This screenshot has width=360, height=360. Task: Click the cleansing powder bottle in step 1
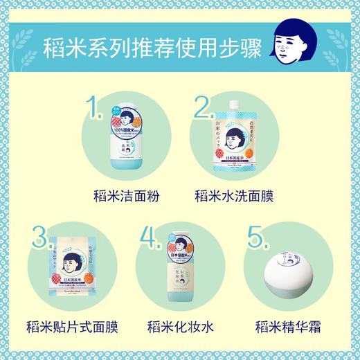(x=125, y=138)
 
